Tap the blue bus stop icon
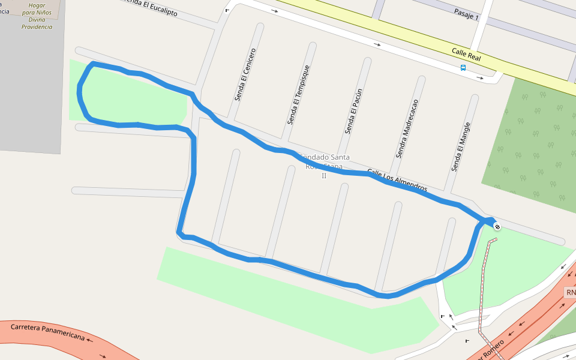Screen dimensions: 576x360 463,68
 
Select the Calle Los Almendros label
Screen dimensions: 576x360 397,179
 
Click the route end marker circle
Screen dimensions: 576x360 497,226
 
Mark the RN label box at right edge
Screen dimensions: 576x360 571,293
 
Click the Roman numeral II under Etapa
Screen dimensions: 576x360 324,176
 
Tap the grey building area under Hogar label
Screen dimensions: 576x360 30,90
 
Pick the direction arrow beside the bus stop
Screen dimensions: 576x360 481,77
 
